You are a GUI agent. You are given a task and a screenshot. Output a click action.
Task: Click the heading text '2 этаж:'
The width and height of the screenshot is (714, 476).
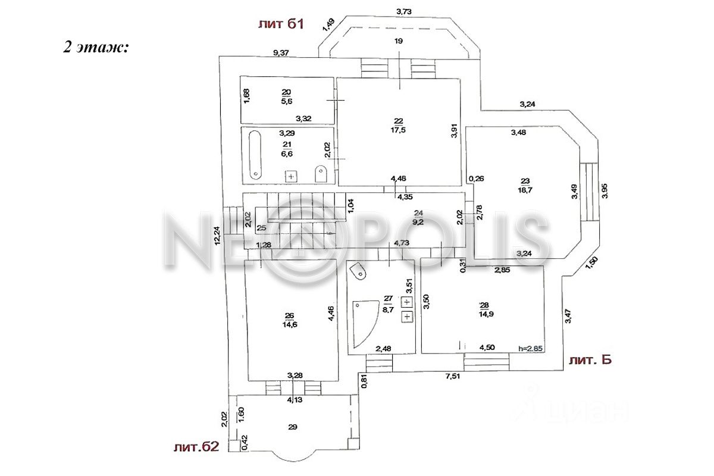click(96, 48)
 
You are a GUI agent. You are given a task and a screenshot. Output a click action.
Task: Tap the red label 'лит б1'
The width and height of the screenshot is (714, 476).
click(281, 24)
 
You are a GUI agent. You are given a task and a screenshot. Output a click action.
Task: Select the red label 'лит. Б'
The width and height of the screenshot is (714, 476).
click(590, 359)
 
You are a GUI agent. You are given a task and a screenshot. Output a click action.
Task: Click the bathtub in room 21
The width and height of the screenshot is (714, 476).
click(255, 155)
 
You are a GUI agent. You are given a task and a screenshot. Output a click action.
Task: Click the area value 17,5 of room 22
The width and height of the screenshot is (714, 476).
click(398, 131)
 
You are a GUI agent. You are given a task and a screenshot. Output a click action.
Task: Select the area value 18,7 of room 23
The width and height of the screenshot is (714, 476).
click(525, 191)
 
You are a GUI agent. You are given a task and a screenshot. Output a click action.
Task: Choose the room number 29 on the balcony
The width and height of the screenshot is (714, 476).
click(292, 427)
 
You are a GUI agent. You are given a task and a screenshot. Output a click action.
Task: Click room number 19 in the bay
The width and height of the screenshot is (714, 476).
click(399, 40)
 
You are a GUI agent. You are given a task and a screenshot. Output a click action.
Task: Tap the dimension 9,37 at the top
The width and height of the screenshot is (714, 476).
click(281, 52)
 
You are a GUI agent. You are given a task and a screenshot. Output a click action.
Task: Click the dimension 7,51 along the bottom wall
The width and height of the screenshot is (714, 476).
click(455, 375)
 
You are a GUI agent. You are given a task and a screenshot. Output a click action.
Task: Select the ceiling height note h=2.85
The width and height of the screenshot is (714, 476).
click(531, 349)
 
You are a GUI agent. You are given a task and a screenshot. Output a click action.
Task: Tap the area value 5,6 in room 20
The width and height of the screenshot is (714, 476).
click(286, 101)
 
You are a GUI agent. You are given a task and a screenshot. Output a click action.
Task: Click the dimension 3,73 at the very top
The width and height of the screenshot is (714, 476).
click(404, 11)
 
